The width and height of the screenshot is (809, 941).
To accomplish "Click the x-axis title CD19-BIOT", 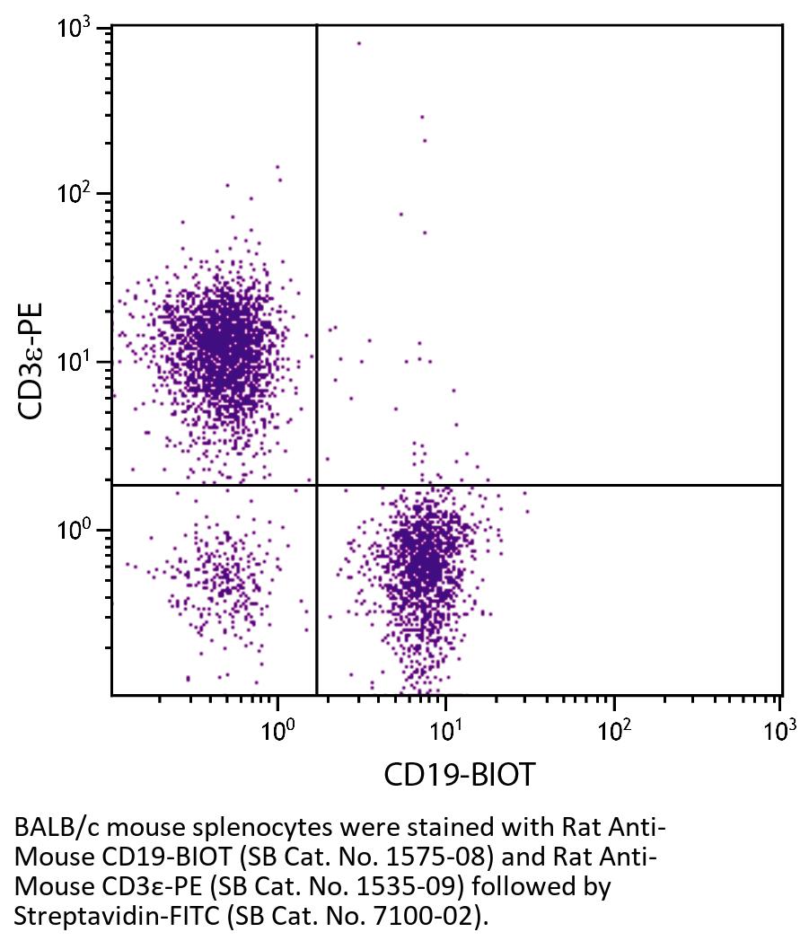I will tap(459, 774).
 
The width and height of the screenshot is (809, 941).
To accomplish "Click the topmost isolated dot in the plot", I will tap(359, 42).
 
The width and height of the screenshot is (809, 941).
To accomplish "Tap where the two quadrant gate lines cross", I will tap(317, 485).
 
